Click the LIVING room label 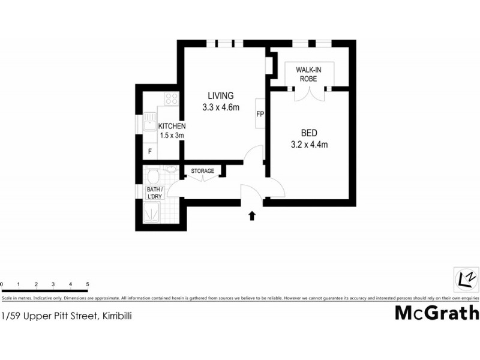point(221,96)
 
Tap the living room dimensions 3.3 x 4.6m point(221,108)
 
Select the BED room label point(308,133)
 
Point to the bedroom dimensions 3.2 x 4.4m point(308,145)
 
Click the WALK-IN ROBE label point(308,74)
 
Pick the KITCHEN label point(172,127)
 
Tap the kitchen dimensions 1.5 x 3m point(172,136)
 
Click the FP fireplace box point(260,113)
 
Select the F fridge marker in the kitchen point(150,152)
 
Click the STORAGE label point(203,172)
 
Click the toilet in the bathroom point(154,177)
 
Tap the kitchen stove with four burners point(172,98)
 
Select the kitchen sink point(149,124)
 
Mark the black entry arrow point(252,215)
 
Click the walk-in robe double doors point(309,92)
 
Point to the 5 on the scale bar point(88,284)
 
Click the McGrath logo point(437,313)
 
